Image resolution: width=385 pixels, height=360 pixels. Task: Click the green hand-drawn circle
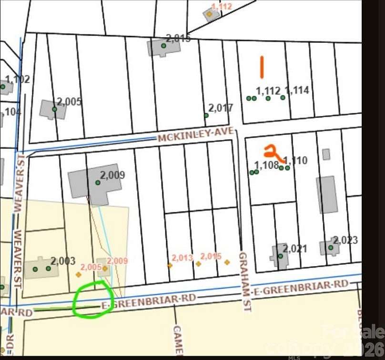(x=93, y=299)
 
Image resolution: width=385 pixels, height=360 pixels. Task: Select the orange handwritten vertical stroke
(x=262, y=67)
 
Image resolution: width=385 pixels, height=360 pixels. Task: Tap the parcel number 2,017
(x=221, y=108)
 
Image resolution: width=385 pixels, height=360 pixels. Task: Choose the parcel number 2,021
(x=295, y=249)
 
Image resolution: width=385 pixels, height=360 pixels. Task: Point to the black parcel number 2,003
(x=63, y=261)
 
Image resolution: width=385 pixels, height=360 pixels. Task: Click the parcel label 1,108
(x=266, y=165)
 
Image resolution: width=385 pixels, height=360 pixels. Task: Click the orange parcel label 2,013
(x=182, y=258)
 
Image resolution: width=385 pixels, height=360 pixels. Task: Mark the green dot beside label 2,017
(x=206, y=115)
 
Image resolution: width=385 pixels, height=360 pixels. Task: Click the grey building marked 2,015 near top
(x=157, y=47)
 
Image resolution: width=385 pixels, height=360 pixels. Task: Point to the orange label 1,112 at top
(x=222, y=6)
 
